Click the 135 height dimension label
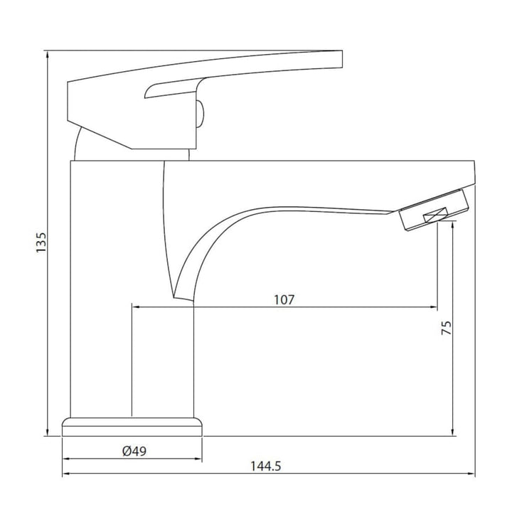click(41, 242)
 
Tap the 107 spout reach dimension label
click(284, 299)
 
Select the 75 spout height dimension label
click(447, 328)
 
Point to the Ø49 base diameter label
click(134, 452)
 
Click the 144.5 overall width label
click(265, 466)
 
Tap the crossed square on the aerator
click(436, 215)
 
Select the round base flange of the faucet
click(132, 427)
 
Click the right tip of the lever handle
click(342, 59)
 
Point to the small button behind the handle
click(200, 114)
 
